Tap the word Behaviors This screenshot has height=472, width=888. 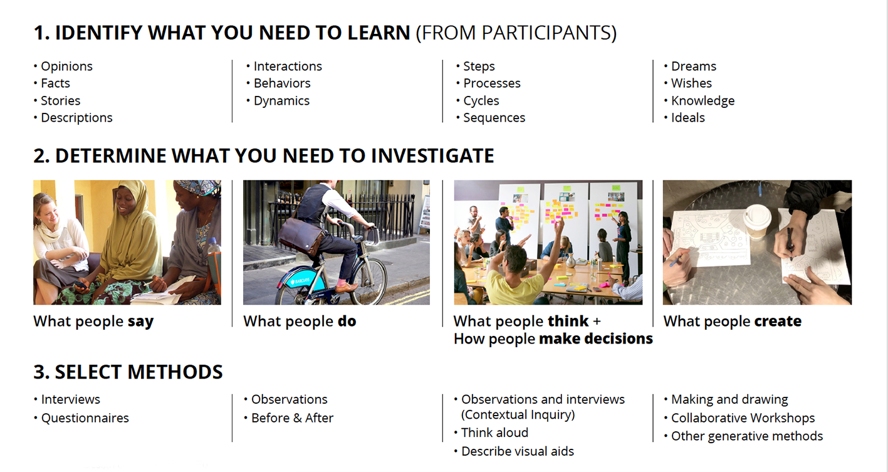point(282,83)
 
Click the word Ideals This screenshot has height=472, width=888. point(688,118)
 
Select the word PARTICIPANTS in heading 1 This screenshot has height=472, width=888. point(546,33)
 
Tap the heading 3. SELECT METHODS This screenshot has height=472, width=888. point(128,372)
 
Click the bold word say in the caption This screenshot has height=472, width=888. point(141,322)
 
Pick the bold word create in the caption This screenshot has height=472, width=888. point(778,322)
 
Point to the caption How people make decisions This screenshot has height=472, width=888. point(553,339)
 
